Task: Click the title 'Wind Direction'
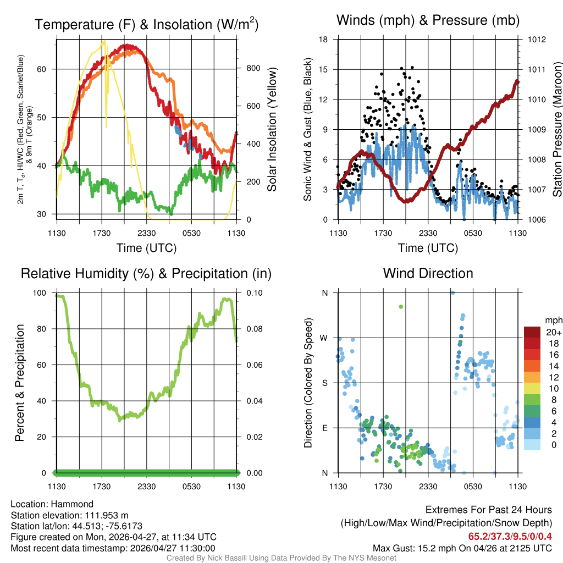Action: pyautogui.click(x=428, y=273)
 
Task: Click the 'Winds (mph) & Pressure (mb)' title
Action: pyautogui.click(x=428, y=21)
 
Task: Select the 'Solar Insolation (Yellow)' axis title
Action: pyautogui.click(x=272, y=129)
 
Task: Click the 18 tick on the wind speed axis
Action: pyautogui.click(x=324, y=40)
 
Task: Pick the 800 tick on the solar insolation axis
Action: pyautogui.click(x=253, y=69)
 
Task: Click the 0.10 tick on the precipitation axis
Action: pyautogui.click(x=255, y=293)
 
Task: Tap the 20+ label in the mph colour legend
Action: pyautogui.click(x=553, y=332)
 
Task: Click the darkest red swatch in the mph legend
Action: pyautogui.click(x=532, y=332)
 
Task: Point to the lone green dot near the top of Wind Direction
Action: pyautogui.click(x=401, y=306)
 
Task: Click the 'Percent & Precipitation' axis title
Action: pyautogui.click(x=20, y=383)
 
